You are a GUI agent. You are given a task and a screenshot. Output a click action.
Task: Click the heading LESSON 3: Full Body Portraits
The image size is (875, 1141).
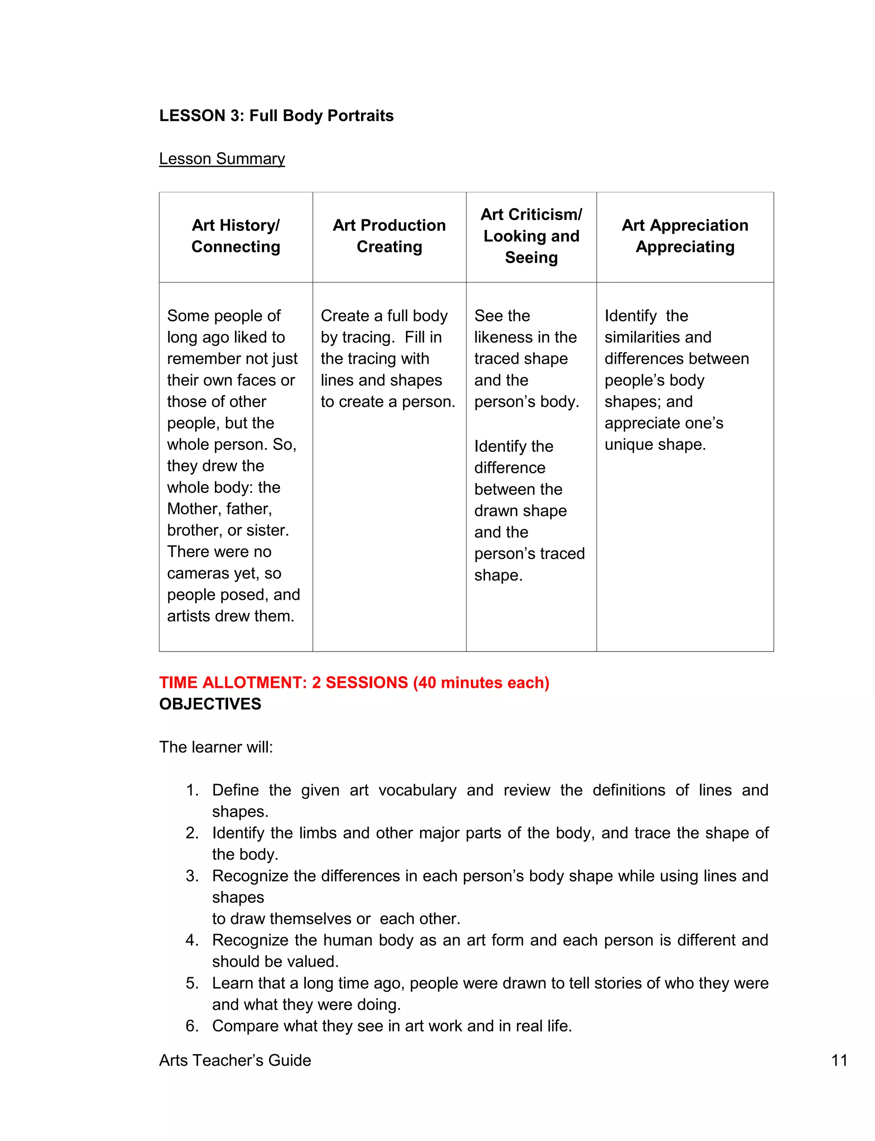pos(276,116)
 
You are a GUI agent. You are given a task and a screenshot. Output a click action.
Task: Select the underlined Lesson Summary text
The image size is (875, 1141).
pos(222,158)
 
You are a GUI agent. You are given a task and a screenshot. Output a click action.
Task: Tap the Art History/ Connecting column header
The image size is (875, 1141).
pos(235,236)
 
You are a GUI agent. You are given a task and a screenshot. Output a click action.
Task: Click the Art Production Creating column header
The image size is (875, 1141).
pos(389,236)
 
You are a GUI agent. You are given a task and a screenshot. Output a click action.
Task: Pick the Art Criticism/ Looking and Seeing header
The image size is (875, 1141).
pos(531,236)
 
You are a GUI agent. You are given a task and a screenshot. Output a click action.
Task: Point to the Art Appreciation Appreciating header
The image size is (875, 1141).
pos(684,236)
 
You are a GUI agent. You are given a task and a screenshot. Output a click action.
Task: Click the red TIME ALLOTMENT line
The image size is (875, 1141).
pos(354,683)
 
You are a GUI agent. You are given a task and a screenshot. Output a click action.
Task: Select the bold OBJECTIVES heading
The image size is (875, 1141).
pos(210,704)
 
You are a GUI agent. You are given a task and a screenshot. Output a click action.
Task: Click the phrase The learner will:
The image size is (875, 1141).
pos(216,747)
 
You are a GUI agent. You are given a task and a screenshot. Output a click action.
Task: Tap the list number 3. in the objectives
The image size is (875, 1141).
pos(192,876)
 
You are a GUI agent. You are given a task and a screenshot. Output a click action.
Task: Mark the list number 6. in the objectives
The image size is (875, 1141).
pos(192,1026)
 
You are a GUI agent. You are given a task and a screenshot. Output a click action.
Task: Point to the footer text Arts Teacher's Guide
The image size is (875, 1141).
pos(235,1060)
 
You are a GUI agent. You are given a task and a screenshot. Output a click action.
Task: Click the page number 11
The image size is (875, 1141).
pos(839,1060)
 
